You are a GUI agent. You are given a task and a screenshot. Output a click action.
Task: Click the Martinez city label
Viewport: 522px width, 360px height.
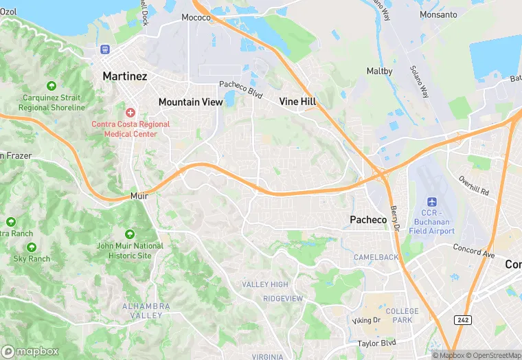[x=124, y=76]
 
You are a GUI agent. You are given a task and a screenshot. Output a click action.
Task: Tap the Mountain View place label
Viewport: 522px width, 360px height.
[x=190, y=102]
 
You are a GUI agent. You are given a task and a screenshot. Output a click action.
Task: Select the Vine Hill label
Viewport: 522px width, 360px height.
[x=297, y=101]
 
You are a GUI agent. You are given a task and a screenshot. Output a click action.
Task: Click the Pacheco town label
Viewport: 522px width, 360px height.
[x=368, y=219]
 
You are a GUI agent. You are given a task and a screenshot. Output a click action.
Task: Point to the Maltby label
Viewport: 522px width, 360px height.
[x=379, y=71]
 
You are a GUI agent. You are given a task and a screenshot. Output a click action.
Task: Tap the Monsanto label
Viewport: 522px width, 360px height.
[x=438, y=14]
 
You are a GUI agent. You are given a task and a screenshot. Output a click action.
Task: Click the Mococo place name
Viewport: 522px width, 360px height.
[x=196, y=17]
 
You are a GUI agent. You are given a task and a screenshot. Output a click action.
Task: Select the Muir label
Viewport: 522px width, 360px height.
[x=139, y=196]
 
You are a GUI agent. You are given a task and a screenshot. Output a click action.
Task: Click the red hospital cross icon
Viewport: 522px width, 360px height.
[x=130, y=112]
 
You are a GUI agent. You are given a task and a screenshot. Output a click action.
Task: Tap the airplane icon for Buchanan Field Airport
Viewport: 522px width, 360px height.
[x=431, y=202]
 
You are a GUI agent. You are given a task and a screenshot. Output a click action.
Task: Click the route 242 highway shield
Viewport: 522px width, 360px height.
[x=463, y=320]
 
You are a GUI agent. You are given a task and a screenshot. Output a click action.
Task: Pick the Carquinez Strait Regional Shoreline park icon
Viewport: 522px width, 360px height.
[x=52, y=86]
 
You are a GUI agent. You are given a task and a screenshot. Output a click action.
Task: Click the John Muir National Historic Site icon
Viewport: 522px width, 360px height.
[x=129, y=234]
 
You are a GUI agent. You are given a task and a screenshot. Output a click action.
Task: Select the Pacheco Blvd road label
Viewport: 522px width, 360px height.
[x=241, y=88]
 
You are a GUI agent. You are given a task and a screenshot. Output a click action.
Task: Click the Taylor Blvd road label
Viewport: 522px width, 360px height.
[x=377, y=342]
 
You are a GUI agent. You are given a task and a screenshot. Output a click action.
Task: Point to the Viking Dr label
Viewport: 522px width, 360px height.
[x=366, y=320]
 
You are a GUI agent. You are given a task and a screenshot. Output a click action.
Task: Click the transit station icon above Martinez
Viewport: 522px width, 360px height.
[x=105, y=49]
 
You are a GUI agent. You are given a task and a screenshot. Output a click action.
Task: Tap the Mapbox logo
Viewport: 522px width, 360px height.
[x=30, y=350]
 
